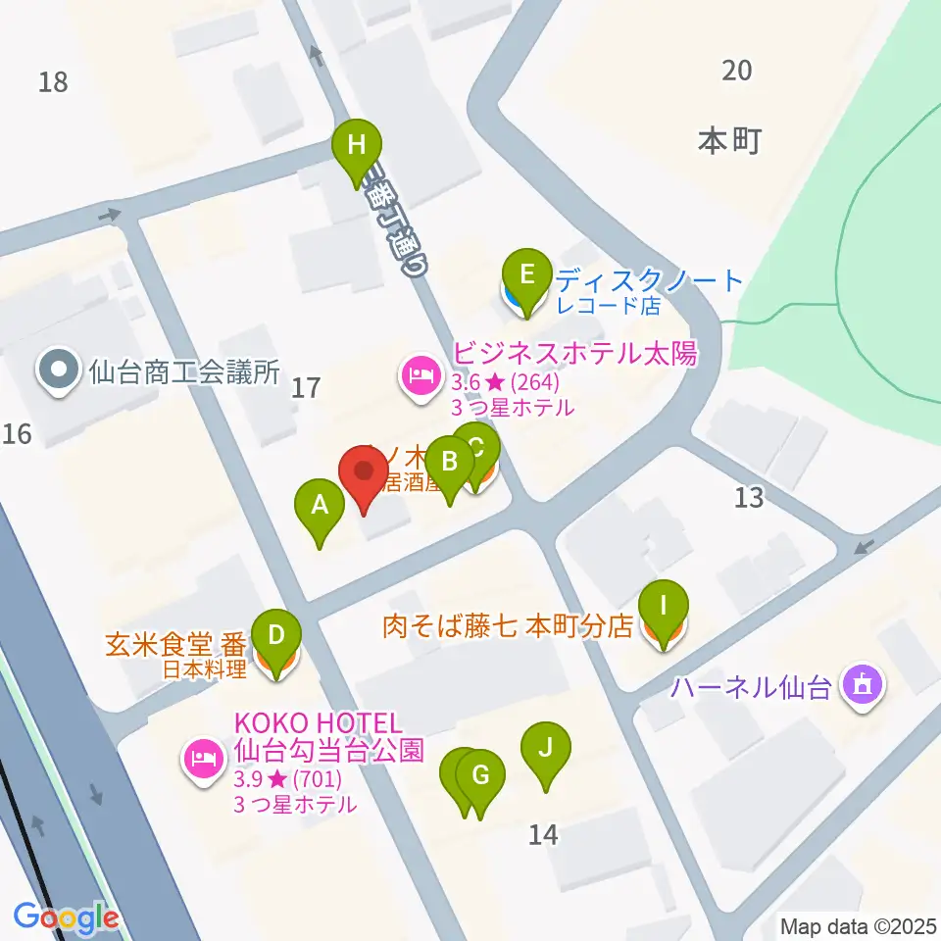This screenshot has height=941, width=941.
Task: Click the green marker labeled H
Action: click(x=356, y=146)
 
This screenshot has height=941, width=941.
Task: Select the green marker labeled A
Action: click(x=320, y=506)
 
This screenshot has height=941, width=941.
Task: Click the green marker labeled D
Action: click(x=277, y=636)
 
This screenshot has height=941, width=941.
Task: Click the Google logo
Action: click(x=66, y=917)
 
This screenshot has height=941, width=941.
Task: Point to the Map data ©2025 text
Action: click(x=859, y=925)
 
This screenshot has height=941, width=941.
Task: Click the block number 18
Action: click(x=54, y=81)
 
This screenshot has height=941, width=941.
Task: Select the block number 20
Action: click(x=737, y=70)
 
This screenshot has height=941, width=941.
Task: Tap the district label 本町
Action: click(x=729, y=141)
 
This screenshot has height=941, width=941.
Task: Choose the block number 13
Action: click(x=749, y=498)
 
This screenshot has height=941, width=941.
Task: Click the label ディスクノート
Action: click(x=650, y=281)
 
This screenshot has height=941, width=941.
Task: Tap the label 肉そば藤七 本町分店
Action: click(x=508, y=626)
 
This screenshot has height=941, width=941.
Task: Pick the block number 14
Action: click(x=543, y=834)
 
